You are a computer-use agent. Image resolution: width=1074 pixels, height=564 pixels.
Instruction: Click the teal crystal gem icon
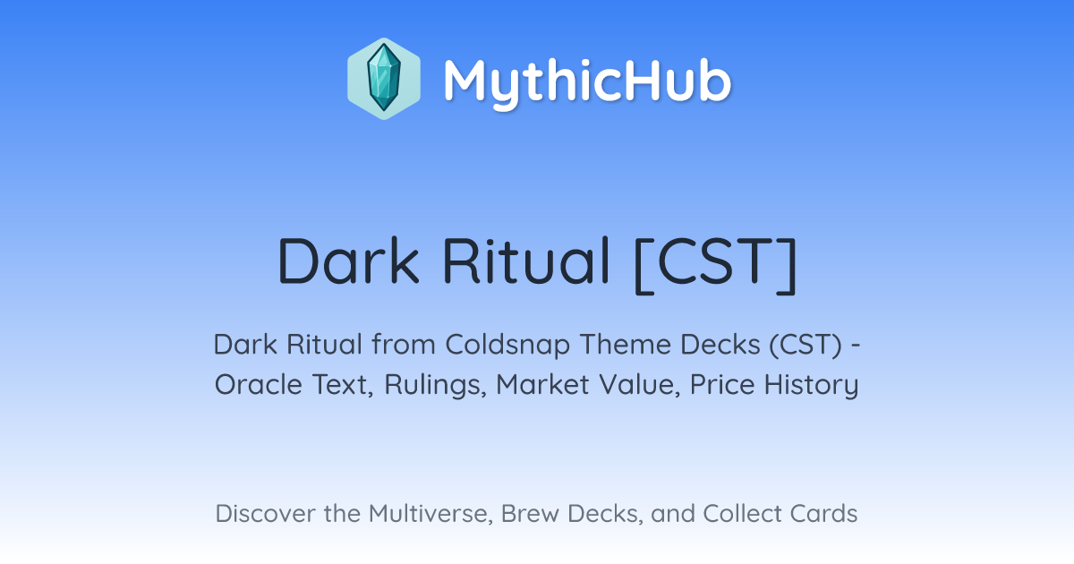pyautogui.click(x=384, y=78)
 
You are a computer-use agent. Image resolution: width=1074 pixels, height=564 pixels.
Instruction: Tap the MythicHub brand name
pyautogui.click(x=587, y=81)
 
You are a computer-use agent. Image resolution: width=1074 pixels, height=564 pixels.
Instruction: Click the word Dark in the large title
pyautogui.click(x=348, y=261)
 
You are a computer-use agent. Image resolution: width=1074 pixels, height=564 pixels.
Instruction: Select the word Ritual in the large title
pyautogui.click(x=526, y=261)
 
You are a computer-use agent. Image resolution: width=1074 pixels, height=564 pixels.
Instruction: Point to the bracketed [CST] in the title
pyautogui.click(x=715, y=264)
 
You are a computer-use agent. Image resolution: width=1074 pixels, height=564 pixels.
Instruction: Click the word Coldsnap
pyautogui.click(x=507, y=345)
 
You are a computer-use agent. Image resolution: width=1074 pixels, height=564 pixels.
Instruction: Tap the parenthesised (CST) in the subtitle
pyautogui.click(x=805, y=345)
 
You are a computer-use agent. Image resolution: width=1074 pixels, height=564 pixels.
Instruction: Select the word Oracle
pyautogui.click(x=259, y=384)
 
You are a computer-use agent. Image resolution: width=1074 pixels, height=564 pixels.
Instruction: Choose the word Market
pyautogui.click(x=542, y=384)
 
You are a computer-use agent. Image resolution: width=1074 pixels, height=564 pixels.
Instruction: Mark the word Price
pyautogui.click(x=722, y=384)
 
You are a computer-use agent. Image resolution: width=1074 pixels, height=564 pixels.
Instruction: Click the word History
pyautogui.click(x=811, y=385)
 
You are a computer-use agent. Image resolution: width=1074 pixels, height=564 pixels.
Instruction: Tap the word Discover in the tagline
pyautogui.click(x=265, y=513)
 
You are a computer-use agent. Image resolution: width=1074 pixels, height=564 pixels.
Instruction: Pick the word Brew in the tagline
pyautogui.click(x=530, y=513)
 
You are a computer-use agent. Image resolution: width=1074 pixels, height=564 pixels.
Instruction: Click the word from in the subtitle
pyautogui.click(x=404, y=344)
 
